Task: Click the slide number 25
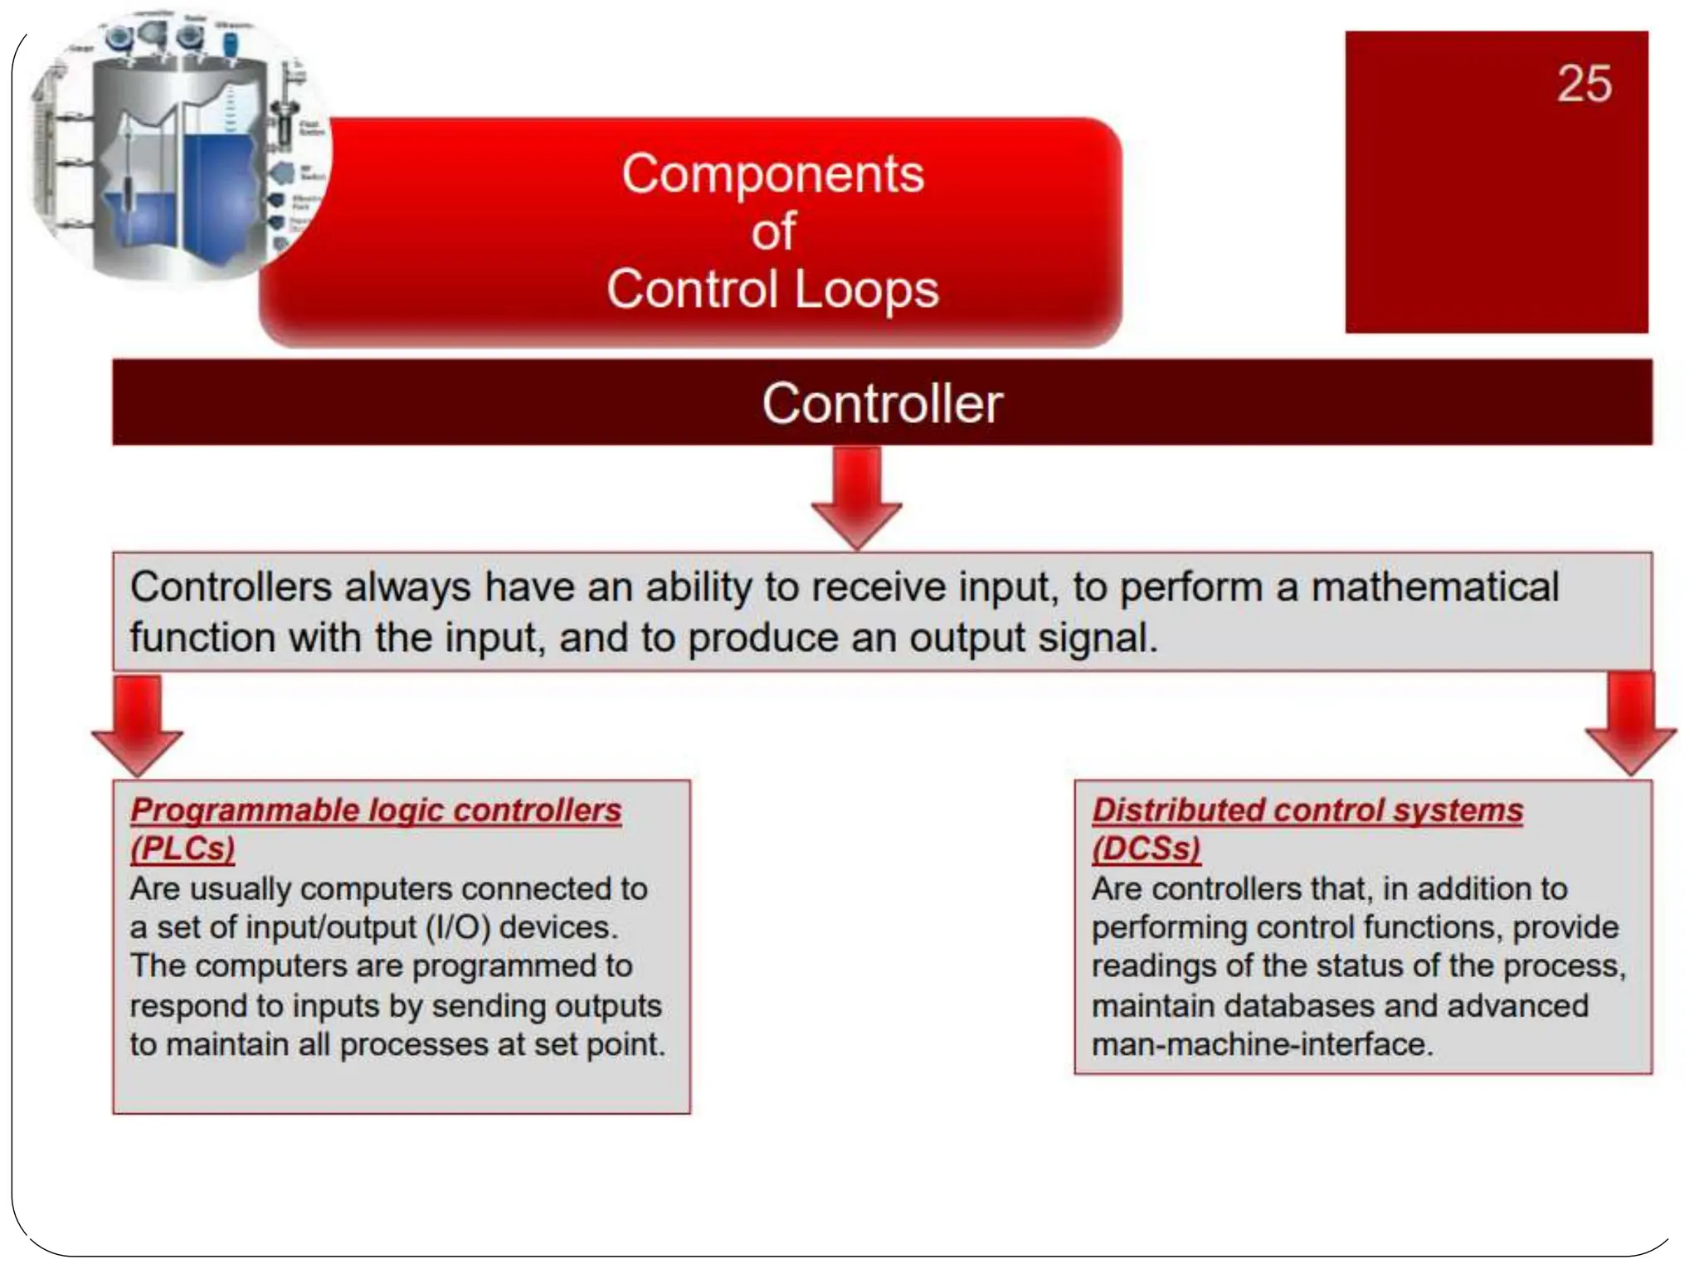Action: (1584, 84)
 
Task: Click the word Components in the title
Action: (772, 174)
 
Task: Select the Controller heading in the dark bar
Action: (882, 404)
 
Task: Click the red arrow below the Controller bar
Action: (856, 498)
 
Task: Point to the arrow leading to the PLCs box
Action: (137, 726)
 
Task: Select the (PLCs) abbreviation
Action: (183, 849)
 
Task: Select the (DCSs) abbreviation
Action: (1146, 849)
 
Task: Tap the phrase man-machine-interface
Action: (1262, 1044)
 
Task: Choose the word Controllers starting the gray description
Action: (231, 587)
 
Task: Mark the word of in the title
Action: (773, 231)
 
